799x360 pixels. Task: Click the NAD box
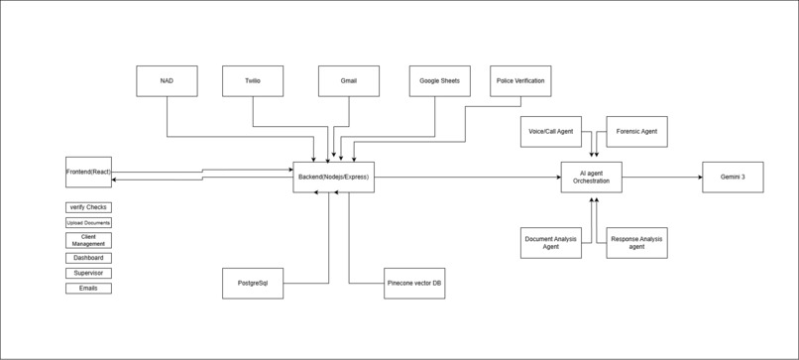pyautogui.click(x=167, y=81)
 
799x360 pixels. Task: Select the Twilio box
pyautogui.click(x=253, y=81)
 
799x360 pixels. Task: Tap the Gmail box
pyautogui.click(x=348, y=81)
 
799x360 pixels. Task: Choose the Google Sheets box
pyautogui.click(x=439, y=81)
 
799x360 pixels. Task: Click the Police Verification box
pyautogui.click(x=519, y=81)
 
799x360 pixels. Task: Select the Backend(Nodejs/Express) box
pyautogui.click(x=333, y=177)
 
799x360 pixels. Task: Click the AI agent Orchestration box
pyautogui.click(x=591, y=177)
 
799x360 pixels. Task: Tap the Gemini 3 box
pyautogui.click(x=733, y=177)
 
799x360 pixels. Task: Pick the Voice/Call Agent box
pyautogui.click(x=550, y=131)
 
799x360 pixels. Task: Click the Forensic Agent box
pyautogui.click(x=636, y=131)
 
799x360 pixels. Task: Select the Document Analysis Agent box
pyautogui.click(x=550, y=242)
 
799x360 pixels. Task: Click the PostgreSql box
pyautogui.click(x=252, y=283)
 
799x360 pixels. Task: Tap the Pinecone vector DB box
pyautogui.click(x=413, y=283)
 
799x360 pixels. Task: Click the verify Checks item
pyautogui.click(x=88, y=207)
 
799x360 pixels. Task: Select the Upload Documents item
pyautogui.click(x=88, y=223)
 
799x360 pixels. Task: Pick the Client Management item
pyautogui.click(x=88, y=240)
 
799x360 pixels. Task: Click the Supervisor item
pyautogui.click(x=88, y=273)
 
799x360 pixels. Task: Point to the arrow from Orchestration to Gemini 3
pyautogui.click(x=662, y=178)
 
